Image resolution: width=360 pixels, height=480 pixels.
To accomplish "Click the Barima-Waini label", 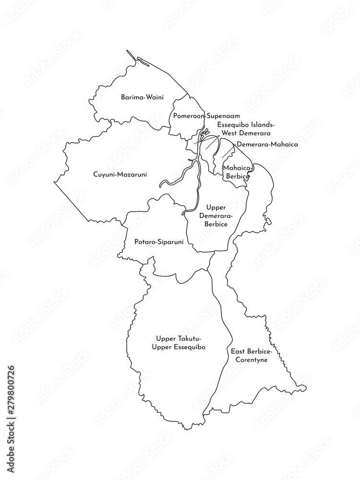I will [142, 97].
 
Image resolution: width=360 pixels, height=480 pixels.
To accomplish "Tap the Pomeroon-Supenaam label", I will [200, 116].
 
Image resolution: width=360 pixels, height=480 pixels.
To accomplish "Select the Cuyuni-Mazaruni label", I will [120, 174].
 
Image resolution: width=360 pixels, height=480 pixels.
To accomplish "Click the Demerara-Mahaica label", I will [267, 144].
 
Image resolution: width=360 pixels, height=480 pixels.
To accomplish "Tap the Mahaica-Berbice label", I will [236, 172].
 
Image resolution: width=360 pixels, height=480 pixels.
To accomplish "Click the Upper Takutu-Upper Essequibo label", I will [178, 343].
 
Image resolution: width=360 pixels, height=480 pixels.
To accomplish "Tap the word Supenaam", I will [214, 116].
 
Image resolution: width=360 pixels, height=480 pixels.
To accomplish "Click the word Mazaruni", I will [133, 174].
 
